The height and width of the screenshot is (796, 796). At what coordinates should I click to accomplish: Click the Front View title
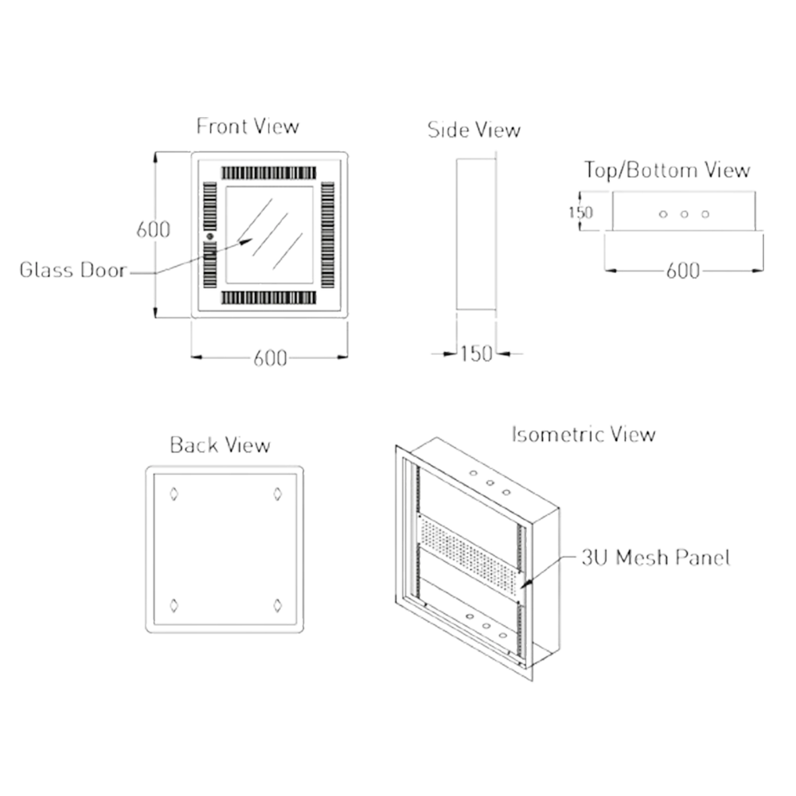(x=248, y=127)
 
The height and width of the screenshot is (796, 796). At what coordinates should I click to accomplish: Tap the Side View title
(x=474, y=131)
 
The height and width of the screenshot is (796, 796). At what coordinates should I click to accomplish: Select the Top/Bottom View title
(x=667, y=170)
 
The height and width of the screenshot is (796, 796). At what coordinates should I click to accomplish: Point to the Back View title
(x=220, y=446)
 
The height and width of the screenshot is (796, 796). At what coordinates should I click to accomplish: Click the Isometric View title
(x=582, y=435)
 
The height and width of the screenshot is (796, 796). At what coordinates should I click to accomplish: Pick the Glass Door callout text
(x=73, y=271)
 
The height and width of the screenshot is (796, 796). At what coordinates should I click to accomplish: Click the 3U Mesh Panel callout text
(x=655, y=558)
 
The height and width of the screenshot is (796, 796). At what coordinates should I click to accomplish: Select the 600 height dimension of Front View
(x=152, y=230)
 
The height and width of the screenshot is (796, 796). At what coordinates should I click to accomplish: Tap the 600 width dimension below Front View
(x=271, y=359)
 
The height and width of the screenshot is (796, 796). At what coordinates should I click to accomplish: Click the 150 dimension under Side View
(x=476, y=353)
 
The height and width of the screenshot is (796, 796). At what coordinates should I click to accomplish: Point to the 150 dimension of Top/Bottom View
(x=580, y=212)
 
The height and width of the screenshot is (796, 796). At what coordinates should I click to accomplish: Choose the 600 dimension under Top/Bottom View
(x=682, y=271)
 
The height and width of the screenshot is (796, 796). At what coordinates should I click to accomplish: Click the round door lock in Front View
(x=210, y=237)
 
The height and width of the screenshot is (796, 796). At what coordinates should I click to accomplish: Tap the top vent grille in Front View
(x=269, y=172)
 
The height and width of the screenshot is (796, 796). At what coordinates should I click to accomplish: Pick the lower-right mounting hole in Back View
(x=277, y=607)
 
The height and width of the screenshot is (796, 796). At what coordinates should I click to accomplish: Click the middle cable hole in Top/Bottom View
(x=684, y=214)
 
